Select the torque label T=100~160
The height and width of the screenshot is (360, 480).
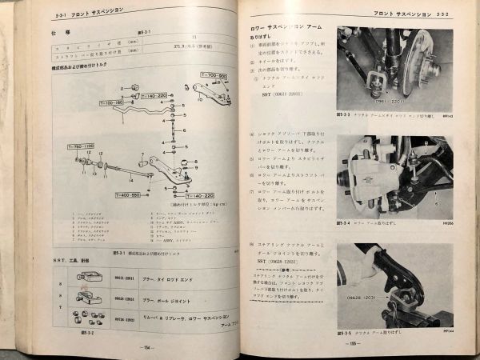tap(112, 103)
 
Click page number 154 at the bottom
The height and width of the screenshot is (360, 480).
tap(146, 347)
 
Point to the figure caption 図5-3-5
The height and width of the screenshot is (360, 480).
tap(346, 328)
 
